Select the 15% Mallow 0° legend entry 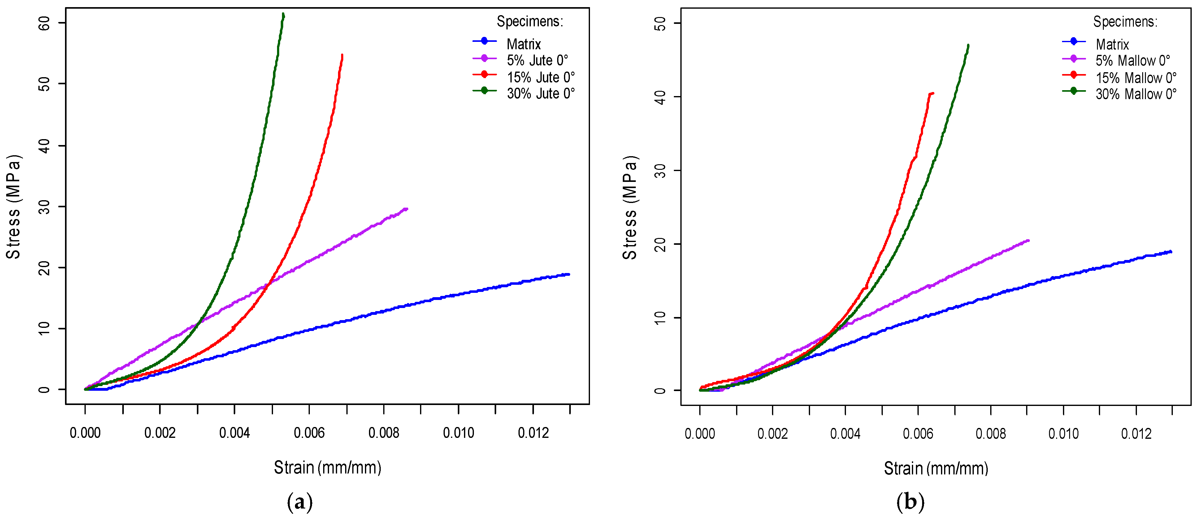coord(1135,77)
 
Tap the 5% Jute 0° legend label coord(537,61)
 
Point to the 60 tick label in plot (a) coord(44,23)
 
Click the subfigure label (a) coord(300,502)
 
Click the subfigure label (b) coord(910,502)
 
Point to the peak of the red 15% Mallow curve coord(932,93)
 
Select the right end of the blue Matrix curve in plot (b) coord(1170,252)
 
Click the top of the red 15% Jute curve coord(342,55)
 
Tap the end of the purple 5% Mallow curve coord(1028,241)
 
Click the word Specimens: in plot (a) coord(530,21)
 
